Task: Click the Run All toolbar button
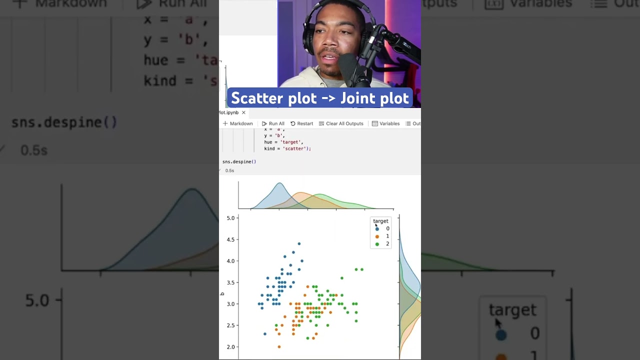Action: [273, 123]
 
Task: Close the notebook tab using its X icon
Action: [243, 112]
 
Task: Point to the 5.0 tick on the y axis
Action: [230, 218]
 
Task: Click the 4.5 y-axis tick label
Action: [230, 240]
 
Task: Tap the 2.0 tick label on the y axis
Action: [230, 347]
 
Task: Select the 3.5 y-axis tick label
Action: [230, 283]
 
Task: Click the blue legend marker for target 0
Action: [377, 228]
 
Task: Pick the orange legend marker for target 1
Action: [377, 236]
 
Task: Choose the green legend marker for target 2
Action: [377, 244]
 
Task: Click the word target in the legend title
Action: [380, 221]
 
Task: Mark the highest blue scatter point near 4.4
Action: [299, 244]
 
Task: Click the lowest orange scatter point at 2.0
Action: [279, 346]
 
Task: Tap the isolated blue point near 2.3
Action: [265, 333]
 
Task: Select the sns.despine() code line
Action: [239, 161]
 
